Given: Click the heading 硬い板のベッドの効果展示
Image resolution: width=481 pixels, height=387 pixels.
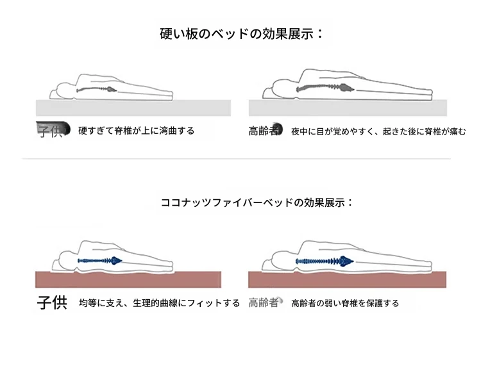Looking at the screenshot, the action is pyautogui.click(x=241, y=34).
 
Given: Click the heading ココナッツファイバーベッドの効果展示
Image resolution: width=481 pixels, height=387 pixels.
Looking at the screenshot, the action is pyautogui.click(x=257, y=202).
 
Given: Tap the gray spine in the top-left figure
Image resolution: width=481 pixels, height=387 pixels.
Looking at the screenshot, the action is pyautogui.click(x=97, y=90).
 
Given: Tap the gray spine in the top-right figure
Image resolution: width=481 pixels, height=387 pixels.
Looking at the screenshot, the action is pyautogui.click(x=325, y=88).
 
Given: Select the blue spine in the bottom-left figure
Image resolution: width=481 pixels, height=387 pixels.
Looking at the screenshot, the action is pyautogui.click(x=100, y=261).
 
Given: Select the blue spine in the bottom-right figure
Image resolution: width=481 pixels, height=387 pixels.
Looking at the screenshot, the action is pyautogui.click(x=325, y=261).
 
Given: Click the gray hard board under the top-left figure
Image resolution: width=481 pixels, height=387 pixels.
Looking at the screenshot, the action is pyautogui.click(x=133, y=108).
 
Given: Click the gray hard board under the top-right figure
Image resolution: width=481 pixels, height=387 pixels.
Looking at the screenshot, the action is pyautogui.click(x=348, y=108).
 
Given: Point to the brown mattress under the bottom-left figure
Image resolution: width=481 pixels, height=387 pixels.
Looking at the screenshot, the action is pyautogui.click(x=128, y=279).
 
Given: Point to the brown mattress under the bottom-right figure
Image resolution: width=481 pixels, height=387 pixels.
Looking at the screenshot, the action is pyautogui.click(x=347, y=279).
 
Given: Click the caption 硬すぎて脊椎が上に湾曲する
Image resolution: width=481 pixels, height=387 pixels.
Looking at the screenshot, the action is pyautogui.click(x=136, y=131).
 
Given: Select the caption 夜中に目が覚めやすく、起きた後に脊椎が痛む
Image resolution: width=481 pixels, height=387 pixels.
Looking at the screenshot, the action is pyautogui.click(x=378, y=131).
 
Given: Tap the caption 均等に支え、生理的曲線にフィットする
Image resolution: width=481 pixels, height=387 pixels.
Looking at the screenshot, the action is pyautogui.click(x=160, y=303).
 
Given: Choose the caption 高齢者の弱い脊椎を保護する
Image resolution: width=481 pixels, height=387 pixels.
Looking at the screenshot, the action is pyautogui.click(x=345, y=303).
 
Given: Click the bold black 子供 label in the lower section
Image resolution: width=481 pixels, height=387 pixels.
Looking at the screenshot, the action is pyautogui.click(x=52, y=302).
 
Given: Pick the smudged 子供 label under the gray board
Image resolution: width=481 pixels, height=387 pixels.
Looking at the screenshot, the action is pyautogui.click(x=53, y=129).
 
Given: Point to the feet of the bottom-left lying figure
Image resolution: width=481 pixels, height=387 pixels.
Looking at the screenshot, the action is pyautogui.click(x=167, y=266).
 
